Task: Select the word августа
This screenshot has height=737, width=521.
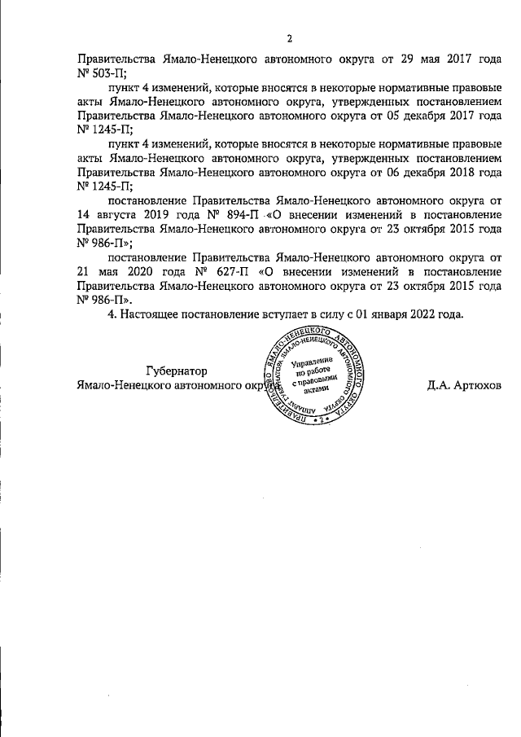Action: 119,215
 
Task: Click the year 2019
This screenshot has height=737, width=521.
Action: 163,215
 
